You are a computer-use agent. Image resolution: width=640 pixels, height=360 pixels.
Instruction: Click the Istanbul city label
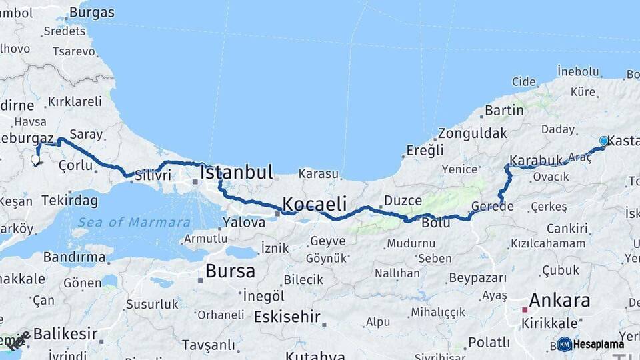pyautogui.click(x=237, y=173)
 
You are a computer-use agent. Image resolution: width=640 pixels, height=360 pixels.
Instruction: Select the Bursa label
pyautogui.click(x=230, y=271)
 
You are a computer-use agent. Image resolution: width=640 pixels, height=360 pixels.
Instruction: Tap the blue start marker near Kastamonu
pyautogui.click(x=603, y=141)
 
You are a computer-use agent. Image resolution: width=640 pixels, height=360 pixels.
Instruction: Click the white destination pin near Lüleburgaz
pyautogui.click(x=35, y=160)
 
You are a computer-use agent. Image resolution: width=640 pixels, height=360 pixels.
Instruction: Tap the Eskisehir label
pyautogui.click(x=287, y=317)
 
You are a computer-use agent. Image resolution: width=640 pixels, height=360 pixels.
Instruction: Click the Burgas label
pyautogui.click(x=92, y=13)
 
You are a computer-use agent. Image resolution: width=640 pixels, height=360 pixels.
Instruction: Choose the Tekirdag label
pyautogui.click(x=69, y=200)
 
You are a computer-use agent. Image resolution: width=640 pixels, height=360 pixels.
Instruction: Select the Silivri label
pyautogui.click(x=153, y=175)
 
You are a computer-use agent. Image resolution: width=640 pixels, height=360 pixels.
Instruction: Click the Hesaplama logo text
pyautogui.click(x=599, y=344)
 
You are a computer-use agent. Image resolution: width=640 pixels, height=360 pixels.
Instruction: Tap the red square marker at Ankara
pyautogui.click(x=525, y=309)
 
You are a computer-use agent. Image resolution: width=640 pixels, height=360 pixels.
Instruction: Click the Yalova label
pyautogui.click(x=244, y=223)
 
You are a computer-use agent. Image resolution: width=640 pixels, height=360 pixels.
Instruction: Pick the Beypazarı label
pyautogui.click(x=478, y=277)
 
